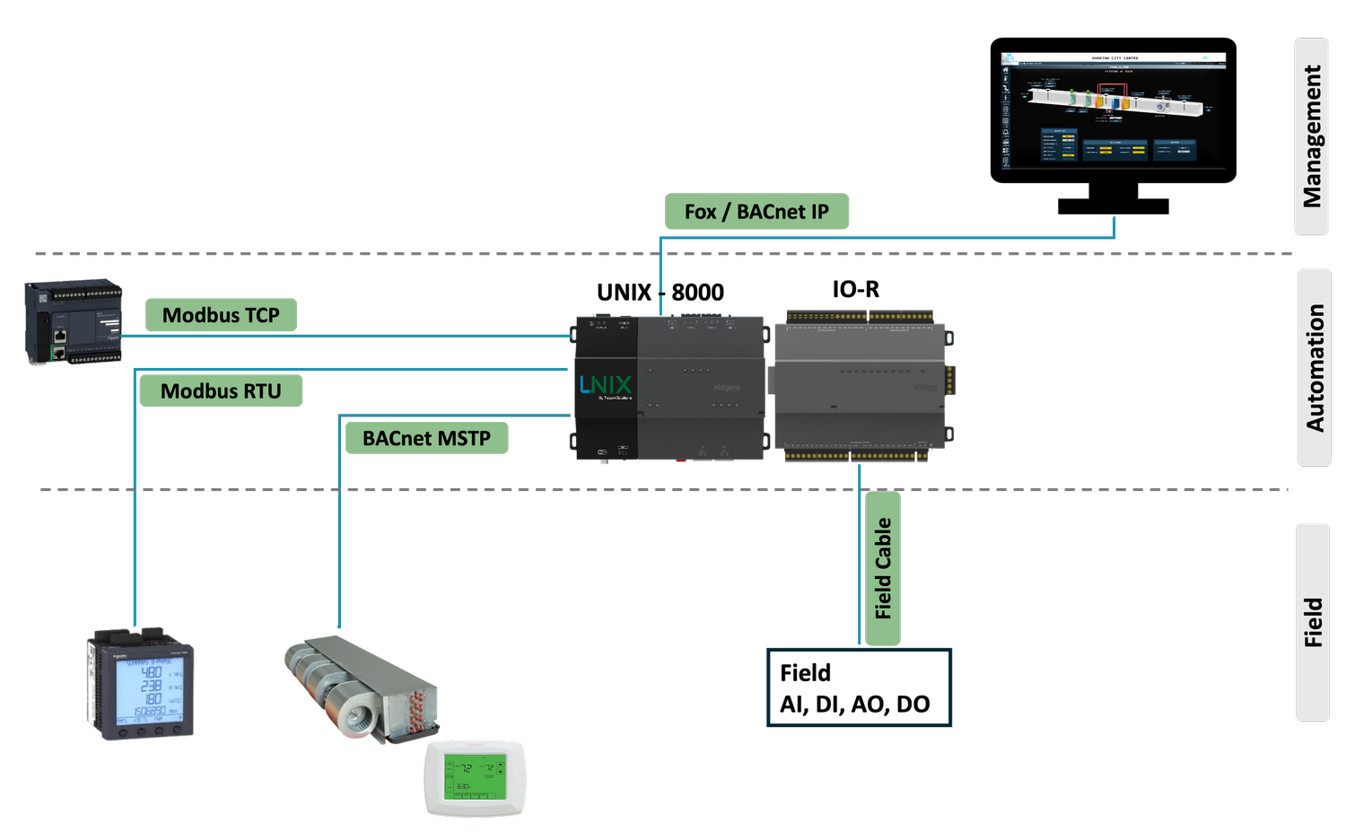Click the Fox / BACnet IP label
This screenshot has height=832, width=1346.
[756, 212]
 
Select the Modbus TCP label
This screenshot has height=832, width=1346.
[221, 315]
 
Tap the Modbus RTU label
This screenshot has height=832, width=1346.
[221, 391]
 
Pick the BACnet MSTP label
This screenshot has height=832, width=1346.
[426, 438]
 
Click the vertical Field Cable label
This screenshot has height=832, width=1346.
[883, 568]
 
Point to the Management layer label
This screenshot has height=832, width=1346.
[1312, 136]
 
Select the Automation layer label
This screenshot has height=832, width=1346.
[1315, 367]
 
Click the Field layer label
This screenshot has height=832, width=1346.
[1313, 622]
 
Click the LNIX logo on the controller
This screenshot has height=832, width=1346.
[606, 385]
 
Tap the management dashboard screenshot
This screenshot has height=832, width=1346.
[1113, 110]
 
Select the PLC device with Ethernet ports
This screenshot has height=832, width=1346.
[74, 322]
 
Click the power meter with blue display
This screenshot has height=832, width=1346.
[141, 686]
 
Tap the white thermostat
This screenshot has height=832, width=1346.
[475, 778]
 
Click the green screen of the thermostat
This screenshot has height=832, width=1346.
[475, 775]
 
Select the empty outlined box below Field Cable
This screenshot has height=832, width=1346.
[859, 687]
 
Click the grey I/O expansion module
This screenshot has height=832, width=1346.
[861, 387]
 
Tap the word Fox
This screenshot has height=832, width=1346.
[700, 212]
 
